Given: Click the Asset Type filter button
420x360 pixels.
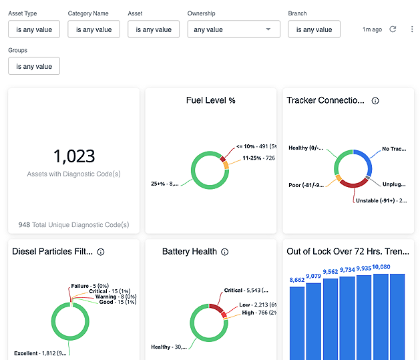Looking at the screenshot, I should coord(34,29).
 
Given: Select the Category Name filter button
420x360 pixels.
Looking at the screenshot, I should coord(94,29).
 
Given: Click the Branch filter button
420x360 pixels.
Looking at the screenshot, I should coord(314,29).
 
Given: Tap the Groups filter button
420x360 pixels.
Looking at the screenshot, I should coord(34,66).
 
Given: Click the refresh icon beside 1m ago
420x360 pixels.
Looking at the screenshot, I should coord(393,29).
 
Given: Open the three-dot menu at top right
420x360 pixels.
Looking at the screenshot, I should coord(411,29).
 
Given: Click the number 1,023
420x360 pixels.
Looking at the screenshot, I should coord(74,156).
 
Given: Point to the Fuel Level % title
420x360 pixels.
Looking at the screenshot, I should coord(210,100).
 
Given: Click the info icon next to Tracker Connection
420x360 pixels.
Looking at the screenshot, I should coord(375,101).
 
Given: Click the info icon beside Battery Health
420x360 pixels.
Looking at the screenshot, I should coord(225,252).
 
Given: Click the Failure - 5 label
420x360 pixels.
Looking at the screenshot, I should coord(85,286).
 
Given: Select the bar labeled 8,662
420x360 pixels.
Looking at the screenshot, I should coord(297,321).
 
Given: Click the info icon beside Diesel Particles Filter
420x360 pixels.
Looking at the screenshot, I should coord(101,252).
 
